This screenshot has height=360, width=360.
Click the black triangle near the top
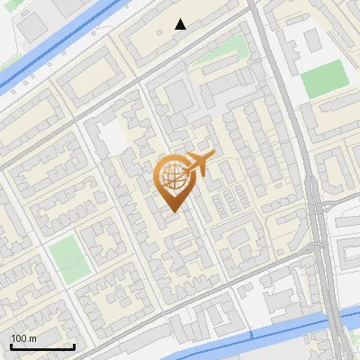(x=181, y=24)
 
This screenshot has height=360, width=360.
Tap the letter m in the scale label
(x=33, y=338)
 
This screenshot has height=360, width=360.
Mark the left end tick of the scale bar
(x=12, y=346)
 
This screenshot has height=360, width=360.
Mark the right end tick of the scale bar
(x=74, y=346)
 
